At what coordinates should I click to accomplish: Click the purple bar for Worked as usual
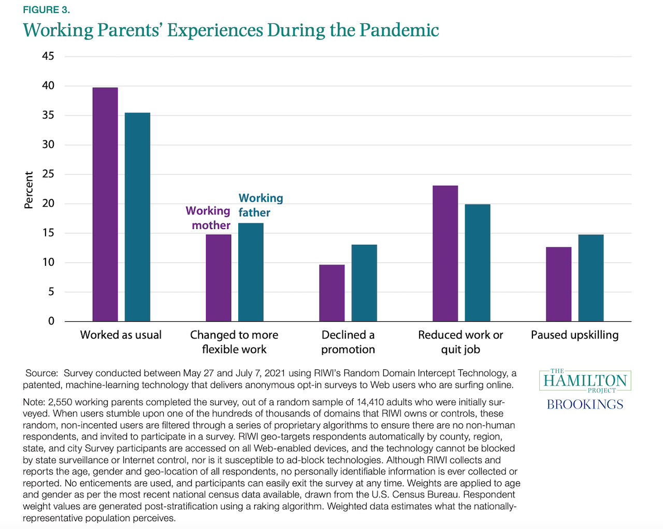[105, 205]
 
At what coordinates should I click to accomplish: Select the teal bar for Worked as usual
[137, 217]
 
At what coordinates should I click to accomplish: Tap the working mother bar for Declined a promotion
[332, 293]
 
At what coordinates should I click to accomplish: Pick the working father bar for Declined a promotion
[364, 283]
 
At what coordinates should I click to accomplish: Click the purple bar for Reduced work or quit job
[445, 253]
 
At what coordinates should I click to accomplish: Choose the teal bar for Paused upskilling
[591, 278]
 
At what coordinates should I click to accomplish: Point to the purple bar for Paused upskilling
[559, 284]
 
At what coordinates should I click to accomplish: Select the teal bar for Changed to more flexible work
[251, 273]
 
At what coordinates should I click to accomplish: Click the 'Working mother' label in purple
[208, 218]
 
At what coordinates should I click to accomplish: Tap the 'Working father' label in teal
[261, 205]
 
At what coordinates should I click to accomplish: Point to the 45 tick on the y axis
[48, 56]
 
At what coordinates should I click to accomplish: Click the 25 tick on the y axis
[48, 174]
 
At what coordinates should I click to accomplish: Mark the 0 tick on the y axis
[51, 321]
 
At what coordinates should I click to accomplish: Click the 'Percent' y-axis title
[29, 190]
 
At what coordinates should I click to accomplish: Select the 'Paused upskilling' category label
[574, 335]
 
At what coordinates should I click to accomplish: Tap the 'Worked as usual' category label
[121, 335]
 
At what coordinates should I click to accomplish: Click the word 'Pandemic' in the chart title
[399, 30]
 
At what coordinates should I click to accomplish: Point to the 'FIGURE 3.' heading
[47, 10]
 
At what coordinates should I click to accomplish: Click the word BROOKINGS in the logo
[585, 405]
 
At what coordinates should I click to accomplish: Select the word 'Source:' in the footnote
[41, 373]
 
